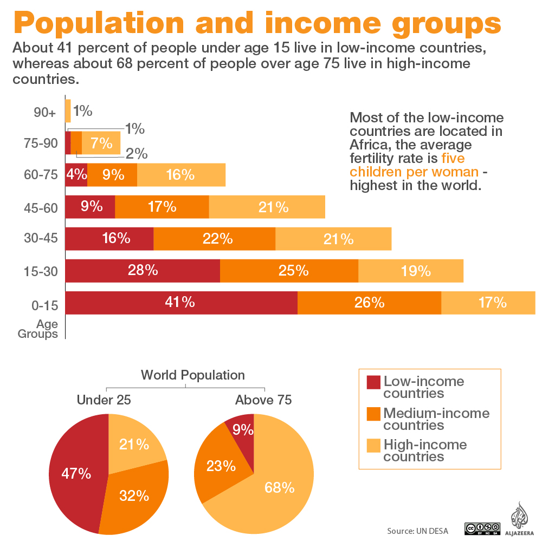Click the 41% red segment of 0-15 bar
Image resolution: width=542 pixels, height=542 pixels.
tap(180, 303)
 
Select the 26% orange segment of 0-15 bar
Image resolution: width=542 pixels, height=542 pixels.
tap(369, 303)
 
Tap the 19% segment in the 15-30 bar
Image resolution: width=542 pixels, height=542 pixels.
tap(411, 271)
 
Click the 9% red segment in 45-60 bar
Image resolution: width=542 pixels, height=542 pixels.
tap(90, 207)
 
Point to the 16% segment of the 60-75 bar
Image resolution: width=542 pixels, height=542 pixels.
tap(181, 175)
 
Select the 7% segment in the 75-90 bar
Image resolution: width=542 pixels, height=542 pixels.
tap(101, 143)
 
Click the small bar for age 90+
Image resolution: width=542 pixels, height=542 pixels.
tap(68, 111)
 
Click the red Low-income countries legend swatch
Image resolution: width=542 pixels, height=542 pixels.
tap(374, 382)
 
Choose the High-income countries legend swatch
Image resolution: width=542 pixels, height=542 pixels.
tap(374, 445)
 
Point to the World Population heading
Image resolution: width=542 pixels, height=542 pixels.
tap(192, 375)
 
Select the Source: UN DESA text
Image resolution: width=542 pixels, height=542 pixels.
tap(417, 531)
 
